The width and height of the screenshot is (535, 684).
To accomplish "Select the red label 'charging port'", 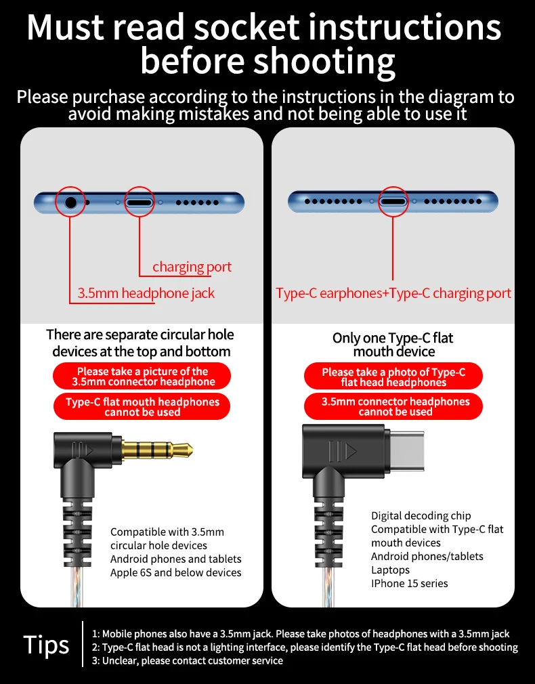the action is tap(192, 267).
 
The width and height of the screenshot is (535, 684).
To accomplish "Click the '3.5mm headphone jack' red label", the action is tap(146, 293).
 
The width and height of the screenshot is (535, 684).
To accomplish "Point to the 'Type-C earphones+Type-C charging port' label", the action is tap(393, 293).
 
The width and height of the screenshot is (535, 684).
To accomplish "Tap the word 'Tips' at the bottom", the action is tap(46, 644).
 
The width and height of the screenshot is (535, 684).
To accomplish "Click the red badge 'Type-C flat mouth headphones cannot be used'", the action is tap(142, 406).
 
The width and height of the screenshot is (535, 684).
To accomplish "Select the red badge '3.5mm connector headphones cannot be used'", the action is tap(393, 406).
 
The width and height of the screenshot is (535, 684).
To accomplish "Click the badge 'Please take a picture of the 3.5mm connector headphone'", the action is tap(142, 376).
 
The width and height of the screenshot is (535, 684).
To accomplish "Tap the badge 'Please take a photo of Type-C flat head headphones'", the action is tap(393, 376).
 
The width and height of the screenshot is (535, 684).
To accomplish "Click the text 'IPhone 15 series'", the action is tap(409, 583).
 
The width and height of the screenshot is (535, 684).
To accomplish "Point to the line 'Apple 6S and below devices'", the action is tap(175, 572).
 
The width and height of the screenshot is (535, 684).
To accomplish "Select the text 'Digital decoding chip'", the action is tap(421, 515).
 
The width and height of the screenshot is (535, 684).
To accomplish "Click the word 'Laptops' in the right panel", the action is tap(390, 570).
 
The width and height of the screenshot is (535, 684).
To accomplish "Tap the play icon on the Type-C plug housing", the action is tap(351, 451).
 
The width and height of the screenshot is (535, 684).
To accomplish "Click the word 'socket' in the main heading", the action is tap(238, 27).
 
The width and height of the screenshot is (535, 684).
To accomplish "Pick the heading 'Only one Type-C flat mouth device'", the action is tap(393, 345).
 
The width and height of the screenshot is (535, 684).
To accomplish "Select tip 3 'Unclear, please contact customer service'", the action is tap(187, 660).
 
